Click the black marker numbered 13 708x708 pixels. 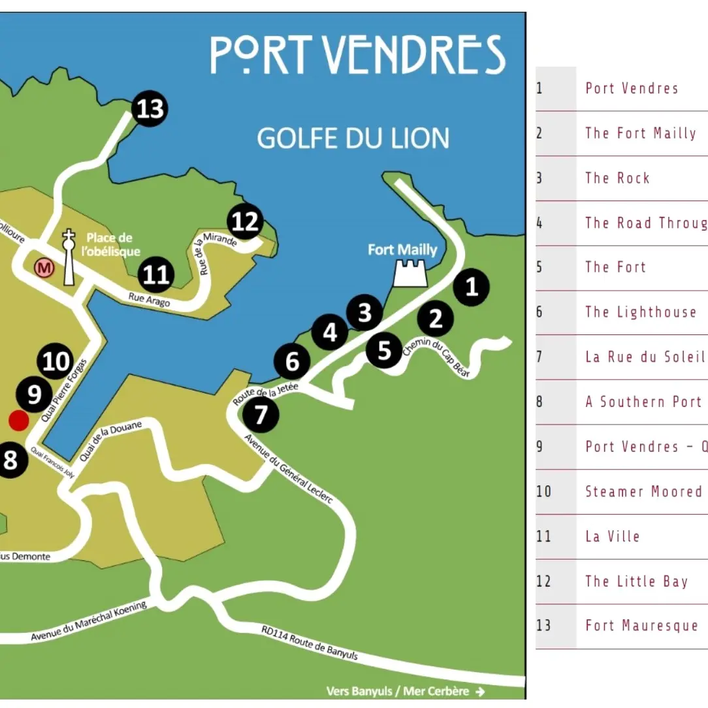pos(150,108)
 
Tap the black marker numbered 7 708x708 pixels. pos(261,414)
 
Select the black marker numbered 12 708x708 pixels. pos(245,222)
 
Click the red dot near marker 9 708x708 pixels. pos(18,421)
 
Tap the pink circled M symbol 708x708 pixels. pos(44,267)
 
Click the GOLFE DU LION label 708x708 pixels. pos(353,138)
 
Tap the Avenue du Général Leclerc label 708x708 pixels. pos(289,468)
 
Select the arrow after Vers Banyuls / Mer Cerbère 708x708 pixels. pos(481,692)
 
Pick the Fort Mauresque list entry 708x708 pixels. pos(641,626)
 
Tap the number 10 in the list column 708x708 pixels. pos(544,491)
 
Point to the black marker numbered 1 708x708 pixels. pos(471,287)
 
